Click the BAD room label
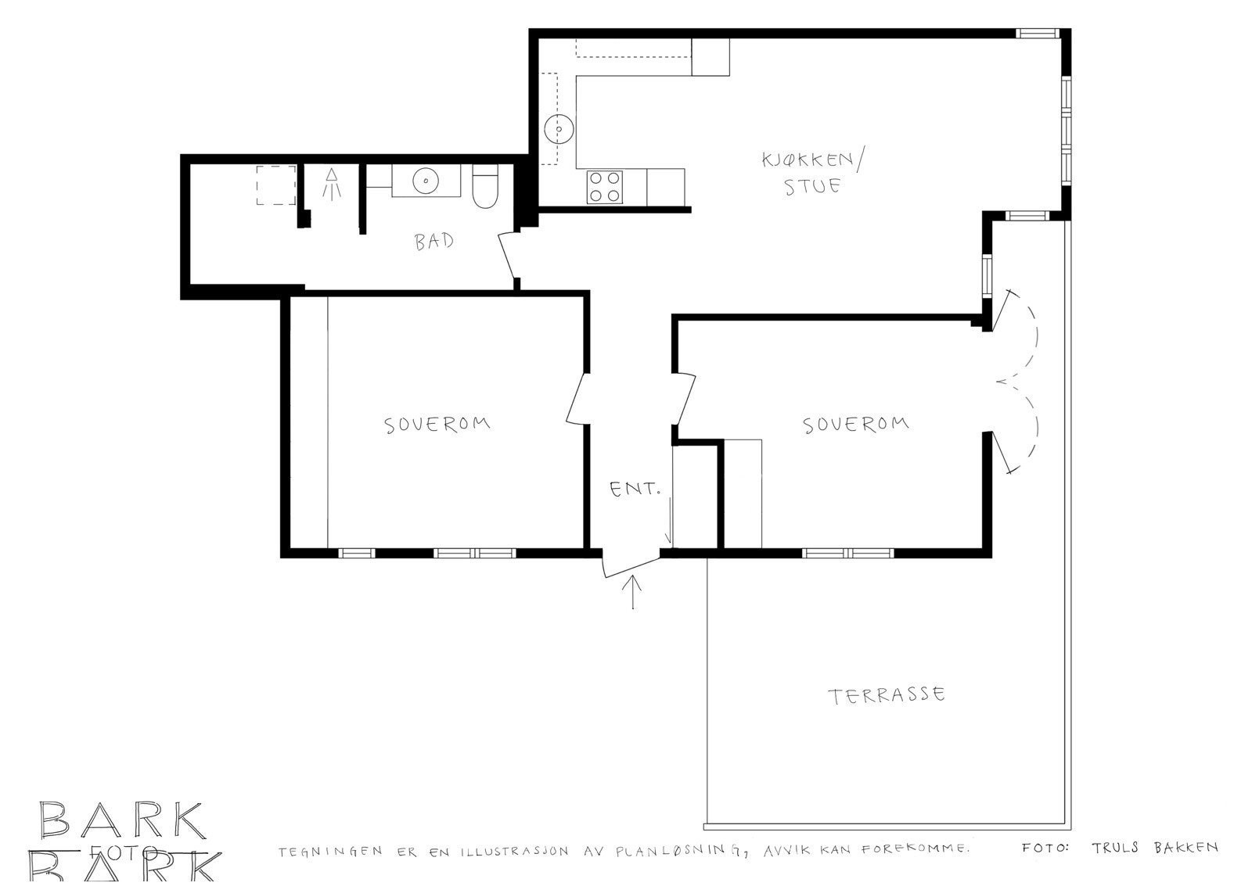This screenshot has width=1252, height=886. [434, 242]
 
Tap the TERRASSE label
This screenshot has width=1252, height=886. [887, 695]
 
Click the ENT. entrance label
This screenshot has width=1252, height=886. [635, 490]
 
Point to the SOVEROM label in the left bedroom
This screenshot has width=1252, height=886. [437, 424]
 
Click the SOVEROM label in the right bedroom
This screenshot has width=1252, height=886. [856, 424]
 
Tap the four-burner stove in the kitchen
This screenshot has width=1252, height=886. [605, 187]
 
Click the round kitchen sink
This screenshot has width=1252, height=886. [559, 129]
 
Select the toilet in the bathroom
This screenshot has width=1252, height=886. [484, 188]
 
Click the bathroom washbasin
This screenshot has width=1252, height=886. [424, 181]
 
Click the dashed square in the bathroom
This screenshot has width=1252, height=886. [276, 185]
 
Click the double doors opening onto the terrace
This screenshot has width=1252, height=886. [1017, 382]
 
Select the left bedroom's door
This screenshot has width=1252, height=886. [577, 398]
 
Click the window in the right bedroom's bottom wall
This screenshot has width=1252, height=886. [847, 553]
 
